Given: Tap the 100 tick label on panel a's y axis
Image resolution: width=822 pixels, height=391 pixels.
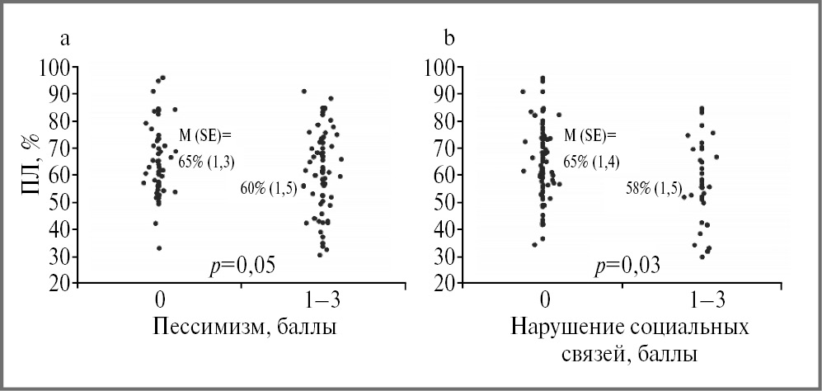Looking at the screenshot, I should coord(54,67).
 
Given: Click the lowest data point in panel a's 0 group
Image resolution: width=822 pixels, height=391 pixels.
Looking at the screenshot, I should coord(159,247).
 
